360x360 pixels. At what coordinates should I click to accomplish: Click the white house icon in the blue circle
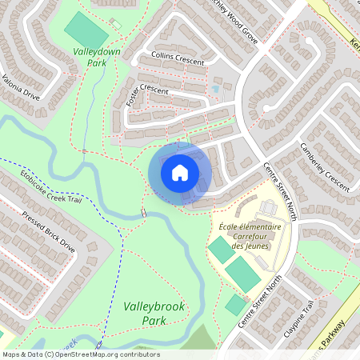point(179,171)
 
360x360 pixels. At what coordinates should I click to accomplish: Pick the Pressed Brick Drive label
point(49,232)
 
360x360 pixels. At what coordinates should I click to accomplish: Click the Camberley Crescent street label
point(324,167)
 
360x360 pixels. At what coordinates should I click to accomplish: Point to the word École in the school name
point(228,226)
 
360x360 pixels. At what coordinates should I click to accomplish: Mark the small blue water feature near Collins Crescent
point(214,89)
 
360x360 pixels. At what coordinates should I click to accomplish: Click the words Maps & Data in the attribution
point(22,354)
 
